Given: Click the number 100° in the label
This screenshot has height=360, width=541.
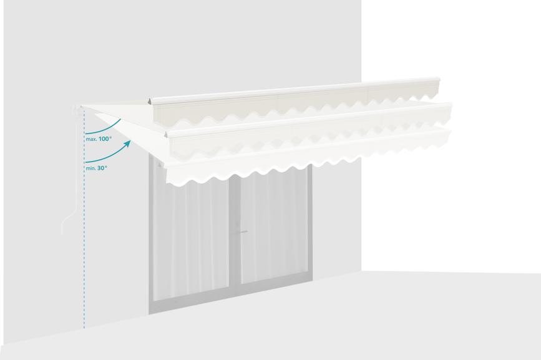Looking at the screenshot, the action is (x=105, y=139).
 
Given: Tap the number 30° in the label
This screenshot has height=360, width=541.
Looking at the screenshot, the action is (x=102, y=168).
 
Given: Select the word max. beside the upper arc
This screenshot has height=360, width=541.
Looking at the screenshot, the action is (x=91, y=139).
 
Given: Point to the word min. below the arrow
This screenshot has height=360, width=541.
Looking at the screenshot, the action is (x=90, y=168).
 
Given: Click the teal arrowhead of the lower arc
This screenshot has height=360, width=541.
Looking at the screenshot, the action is (x=128, y=144).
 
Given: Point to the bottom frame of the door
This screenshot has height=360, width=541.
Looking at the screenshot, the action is (x=230, y=296).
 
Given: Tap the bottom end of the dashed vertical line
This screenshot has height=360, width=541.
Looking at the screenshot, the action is (x=84, y=328).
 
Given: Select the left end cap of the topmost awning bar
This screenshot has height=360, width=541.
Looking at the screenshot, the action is (x=150, y=102).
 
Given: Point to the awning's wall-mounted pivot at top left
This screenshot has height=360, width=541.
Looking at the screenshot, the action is (x=77, y=109).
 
